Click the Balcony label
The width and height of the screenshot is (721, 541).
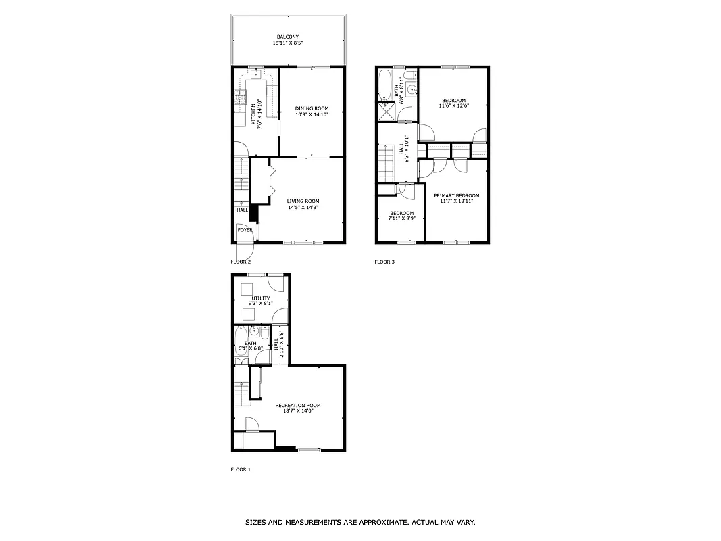pyautogui.click(x=287, y=37)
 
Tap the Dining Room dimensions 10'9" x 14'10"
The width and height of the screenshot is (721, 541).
pyautogui.click(x=312, y=115)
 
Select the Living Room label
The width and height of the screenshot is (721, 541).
pyautogui.click(x=303, y=201)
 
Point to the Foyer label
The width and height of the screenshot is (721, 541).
pyautogui.click(x=245, y=230)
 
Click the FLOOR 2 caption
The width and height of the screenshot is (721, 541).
pyautogui.click(x=241, y=262)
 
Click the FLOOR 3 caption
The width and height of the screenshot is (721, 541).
pyautogui.click(x=384, y=262)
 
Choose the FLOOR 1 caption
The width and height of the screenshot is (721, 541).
pyautogui.click(x=241, y=469)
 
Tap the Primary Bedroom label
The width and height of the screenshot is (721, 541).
pyautogui.click(x=456, y=195)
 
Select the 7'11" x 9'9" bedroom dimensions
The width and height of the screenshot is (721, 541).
pyautogui.click(x=401, y=218)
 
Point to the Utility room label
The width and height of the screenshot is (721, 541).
pyautogui.click(x=261, y=298)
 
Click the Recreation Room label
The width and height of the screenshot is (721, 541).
pyautogui.click(x=294, y=405)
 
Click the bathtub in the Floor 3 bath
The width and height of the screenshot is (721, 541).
pyautogui.click(x=384, y=84)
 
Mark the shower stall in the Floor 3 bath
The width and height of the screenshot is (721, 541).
pyautogui.click(x=387, y=112)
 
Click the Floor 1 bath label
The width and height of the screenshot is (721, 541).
pyautogui.click(x=251, y=344)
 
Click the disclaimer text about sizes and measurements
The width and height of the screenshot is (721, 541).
pyautogui.click(x=360, y=522)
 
